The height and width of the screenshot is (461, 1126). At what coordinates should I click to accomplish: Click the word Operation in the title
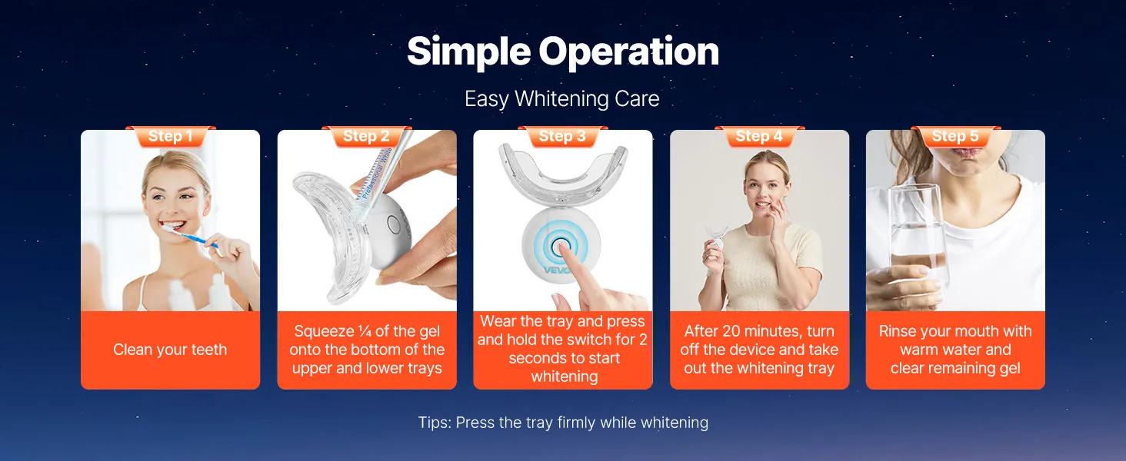(x=629, y=51)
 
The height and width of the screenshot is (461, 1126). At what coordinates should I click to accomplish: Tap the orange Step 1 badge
(x=171, y=136)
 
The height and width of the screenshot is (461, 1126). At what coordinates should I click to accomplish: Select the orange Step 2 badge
(x=366, y=136)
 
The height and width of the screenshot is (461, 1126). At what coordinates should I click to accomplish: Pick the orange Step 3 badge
(x=562, y=136)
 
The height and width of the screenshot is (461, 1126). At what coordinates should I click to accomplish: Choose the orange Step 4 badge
(x=760, y=136)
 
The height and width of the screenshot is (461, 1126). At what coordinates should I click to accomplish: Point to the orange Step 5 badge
(x=955, y=136)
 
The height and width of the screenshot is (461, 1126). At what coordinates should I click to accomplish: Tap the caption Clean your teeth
(x=170, y=350)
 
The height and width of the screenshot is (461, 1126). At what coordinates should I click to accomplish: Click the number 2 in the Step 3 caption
(x=643, y=340)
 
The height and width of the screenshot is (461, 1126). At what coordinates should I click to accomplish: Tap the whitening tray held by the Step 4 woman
(x=716, y=236)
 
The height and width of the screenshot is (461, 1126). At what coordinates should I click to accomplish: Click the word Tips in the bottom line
(x=434, y=423)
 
